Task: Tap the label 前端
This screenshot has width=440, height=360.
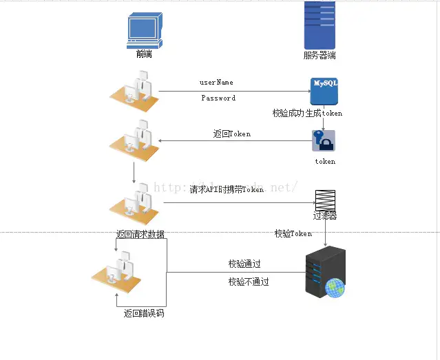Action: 144,54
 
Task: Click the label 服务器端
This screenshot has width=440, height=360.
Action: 319,56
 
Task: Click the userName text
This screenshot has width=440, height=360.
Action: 216,83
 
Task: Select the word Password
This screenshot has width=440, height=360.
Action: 218,98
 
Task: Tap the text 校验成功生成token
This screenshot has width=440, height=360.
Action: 307,113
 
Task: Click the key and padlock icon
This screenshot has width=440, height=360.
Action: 324,141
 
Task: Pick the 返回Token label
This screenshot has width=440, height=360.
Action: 232,134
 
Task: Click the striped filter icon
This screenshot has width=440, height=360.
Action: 325,200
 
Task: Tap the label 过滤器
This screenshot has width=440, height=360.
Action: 325,216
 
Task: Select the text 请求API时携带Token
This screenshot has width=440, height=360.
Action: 227,189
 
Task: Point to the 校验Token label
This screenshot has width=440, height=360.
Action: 293,234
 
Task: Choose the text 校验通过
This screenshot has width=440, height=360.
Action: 244,264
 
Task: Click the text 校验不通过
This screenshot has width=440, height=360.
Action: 249,282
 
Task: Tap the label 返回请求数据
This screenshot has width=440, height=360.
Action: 140,235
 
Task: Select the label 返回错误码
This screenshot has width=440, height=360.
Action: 144,314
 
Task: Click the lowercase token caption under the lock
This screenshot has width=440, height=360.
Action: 325,162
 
